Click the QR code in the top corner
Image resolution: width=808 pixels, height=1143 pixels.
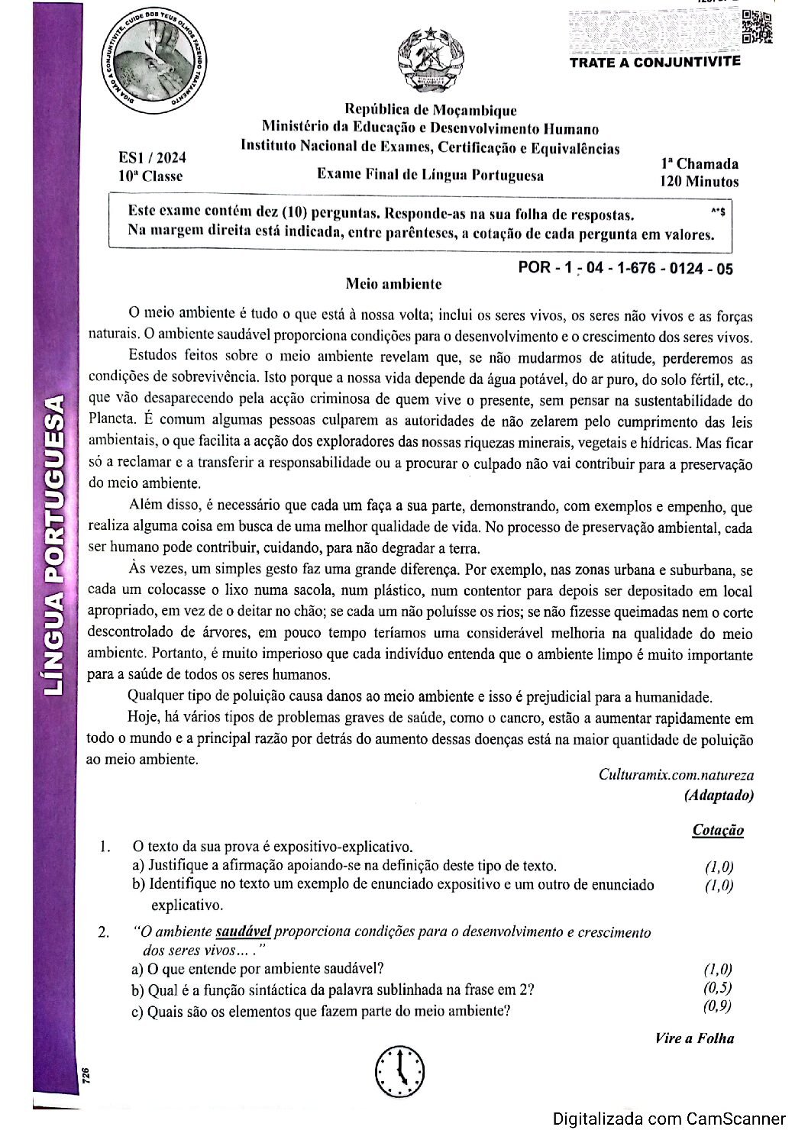(757, 27)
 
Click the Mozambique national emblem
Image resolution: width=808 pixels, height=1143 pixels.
(430, 58)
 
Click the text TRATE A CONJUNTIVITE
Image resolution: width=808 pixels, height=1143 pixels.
(654, 62)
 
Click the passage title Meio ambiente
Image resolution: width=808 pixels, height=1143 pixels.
(393, 284)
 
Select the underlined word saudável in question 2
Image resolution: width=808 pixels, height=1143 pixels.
(243, 932)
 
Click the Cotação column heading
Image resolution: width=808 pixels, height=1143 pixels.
(717, 830)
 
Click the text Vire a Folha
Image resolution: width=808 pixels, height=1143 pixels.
(693, 1038)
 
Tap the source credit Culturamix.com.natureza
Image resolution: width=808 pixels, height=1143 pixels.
(675, 774)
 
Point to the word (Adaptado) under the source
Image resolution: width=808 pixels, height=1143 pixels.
(718, 795)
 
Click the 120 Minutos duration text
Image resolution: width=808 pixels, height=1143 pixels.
(699, 182)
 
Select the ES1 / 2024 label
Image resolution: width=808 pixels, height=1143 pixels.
(152, 158)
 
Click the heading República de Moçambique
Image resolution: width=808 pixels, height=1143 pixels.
(430, 111)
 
